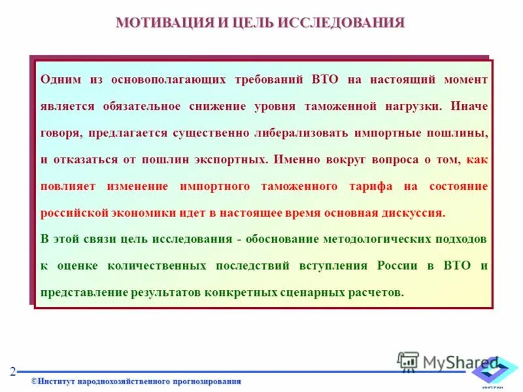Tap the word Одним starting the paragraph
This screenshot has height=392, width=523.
pyautogui.click(x=60, y=79)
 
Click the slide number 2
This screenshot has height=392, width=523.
pyautogui.click(x=12, y=372)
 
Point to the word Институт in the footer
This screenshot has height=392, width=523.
pyautogui.click(x=58, y=381)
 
